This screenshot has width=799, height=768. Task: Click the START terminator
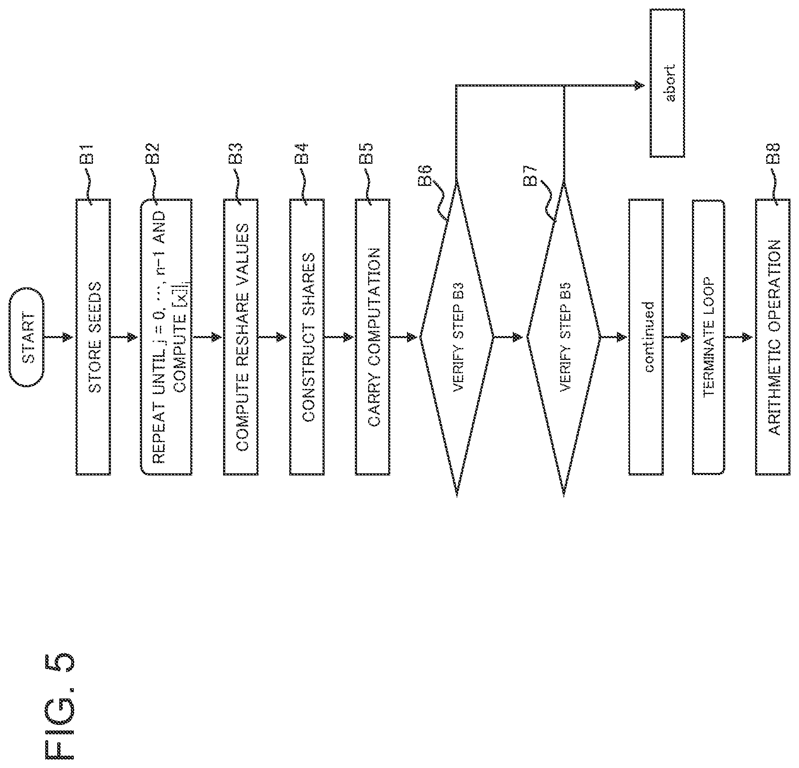point(26,337)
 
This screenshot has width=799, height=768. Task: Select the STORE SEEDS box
point(93,337)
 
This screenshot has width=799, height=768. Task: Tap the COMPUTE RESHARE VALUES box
point(241,337)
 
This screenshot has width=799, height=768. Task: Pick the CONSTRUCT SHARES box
point(307,337)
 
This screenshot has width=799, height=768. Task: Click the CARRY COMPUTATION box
point(372,337)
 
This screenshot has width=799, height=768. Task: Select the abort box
point(667,83)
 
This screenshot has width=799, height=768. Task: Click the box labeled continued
point(646,337)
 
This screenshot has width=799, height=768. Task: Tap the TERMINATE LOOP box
point(708,337)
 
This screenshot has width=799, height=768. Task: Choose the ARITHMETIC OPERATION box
point(773,337)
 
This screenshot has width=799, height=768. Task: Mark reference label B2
point(152,153)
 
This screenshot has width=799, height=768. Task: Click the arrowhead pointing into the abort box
point(639,86)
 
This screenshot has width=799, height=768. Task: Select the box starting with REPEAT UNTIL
point(166,337)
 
